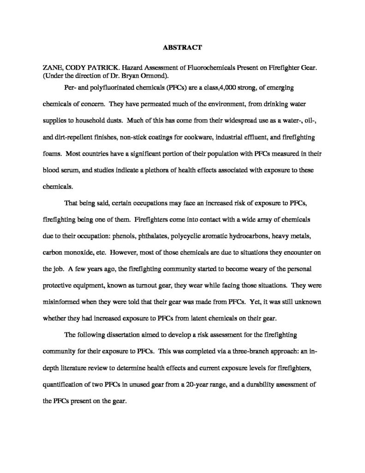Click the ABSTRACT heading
click(182, 47)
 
